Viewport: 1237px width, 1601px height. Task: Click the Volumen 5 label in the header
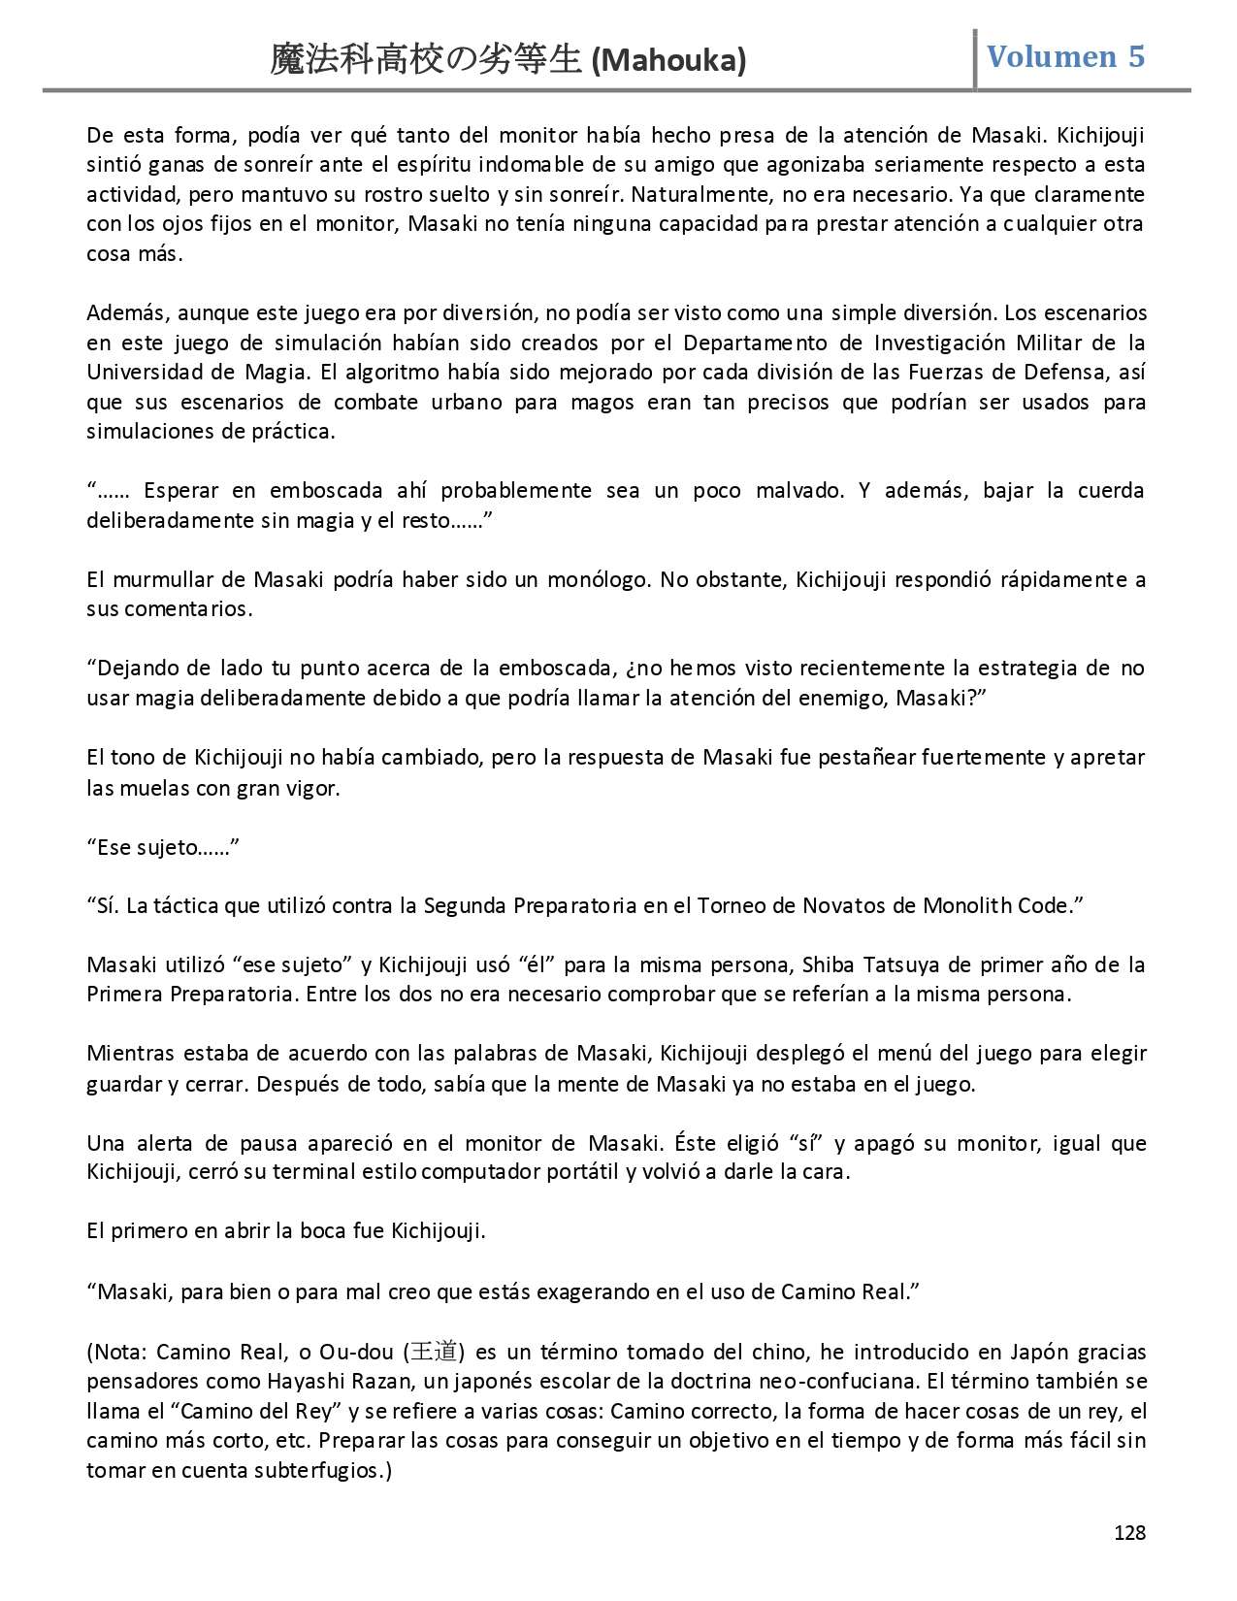(x=1065, y=56)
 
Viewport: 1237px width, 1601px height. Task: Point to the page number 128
(x=1129, y=1532)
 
